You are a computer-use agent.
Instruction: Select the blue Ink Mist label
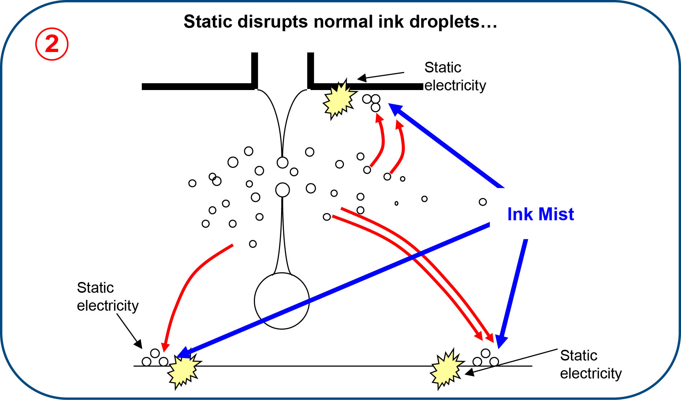click(540, 214)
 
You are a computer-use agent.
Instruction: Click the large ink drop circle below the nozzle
click(282, 301)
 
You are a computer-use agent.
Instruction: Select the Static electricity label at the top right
click(455, 76)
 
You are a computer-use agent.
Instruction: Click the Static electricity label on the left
click(107, 297)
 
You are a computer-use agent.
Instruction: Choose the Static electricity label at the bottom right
click(591, 364)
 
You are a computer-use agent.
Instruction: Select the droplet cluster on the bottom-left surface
click(155, 358)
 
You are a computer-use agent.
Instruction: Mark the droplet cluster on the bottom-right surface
click(486, 358)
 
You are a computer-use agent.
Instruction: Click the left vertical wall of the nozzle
click(254, 70)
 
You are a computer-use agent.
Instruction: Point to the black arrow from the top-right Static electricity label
click(381, 76)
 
